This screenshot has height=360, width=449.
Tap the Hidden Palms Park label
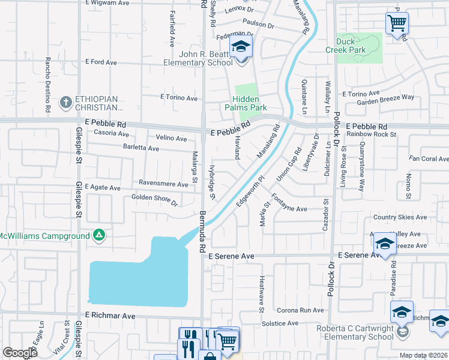[x=250, y=103]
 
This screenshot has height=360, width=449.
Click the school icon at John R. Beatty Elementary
[x=241, y=46]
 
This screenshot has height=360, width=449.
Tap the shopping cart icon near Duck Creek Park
[x=397, y=24]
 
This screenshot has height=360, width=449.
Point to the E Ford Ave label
[x=101, y=62]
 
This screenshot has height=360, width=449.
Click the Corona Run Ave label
[x=300, y=311]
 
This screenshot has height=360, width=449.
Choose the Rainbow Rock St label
[x=372, y=134]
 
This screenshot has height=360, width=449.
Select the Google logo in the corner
[x=20, y=352]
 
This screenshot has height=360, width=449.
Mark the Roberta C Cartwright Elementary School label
[x=355, y=332]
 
